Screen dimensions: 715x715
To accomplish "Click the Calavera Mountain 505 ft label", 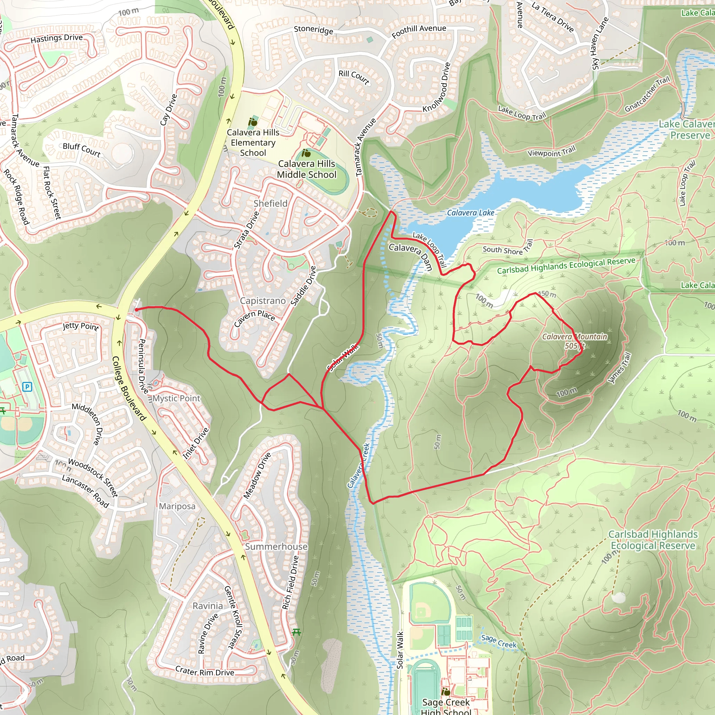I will [574, 341].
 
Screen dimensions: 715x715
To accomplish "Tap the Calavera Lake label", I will [470, 213].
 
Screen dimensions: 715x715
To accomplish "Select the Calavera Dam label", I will [411, 255].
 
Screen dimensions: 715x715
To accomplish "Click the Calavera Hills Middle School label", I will [307, 169].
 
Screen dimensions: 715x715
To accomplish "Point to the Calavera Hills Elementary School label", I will [253, 142].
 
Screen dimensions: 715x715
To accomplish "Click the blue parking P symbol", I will [27, 387].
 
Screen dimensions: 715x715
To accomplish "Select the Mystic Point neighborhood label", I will [176, 399].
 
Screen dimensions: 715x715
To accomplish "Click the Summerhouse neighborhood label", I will [276, 547].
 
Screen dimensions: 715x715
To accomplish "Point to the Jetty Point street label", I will [81, 326].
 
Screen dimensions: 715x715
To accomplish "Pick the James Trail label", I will [620, 368].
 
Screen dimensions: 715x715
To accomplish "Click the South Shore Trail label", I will [507, 248].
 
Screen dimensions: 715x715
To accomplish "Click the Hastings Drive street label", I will [57, 38].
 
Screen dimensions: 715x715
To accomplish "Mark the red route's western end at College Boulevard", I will [137, 309].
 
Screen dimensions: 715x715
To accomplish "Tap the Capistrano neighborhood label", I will [263, 301].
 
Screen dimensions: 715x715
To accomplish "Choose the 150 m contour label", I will [547, 294].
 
